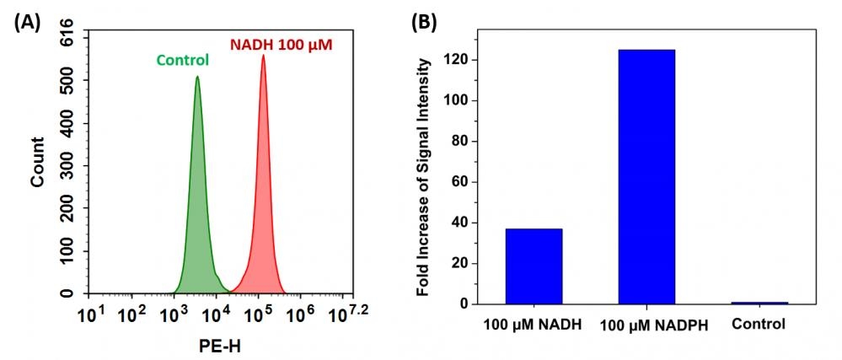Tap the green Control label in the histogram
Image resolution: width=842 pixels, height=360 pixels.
[x=182, y=60]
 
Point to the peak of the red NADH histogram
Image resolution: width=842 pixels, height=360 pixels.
[x=263, y=57]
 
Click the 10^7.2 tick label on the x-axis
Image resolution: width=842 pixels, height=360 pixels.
[x=348, y=315]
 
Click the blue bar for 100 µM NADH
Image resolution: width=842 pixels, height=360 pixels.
[x=534, y=266]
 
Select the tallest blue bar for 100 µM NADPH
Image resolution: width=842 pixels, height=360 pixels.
[x=646, y=176]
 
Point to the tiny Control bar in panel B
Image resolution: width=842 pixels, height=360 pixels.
[x=759, y=302]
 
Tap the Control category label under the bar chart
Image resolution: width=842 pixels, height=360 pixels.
[x=759, y=324]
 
